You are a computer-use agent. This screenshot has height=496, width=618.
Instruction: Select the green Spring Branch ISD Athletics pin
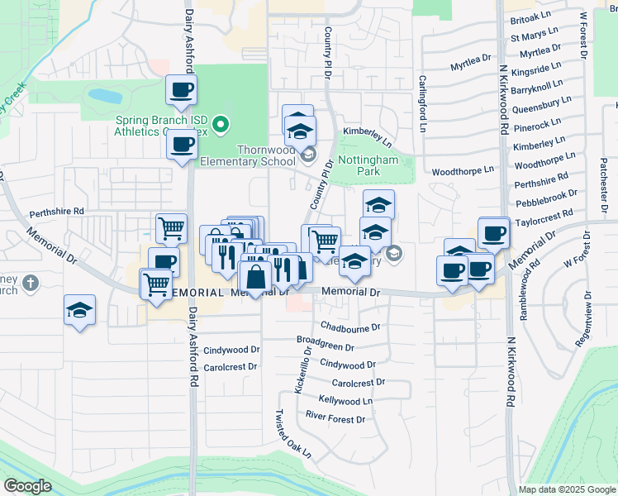pyautogui.click(x=221, y=126)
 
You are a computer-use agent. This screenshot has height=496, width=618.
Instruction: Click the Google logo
pyautogui.click(x=26, y=486)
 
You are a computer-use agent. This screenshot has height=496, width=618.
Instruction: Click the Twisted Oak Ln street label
pyautogui.click(x=294, y=434)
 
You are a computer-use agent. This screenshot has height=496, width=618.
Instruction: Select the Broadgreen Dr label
pyautogui.click(x=325, y=348)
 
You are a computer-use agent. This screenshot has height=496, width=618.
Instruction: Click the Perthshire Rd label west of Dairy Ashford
pyautogui.click(x=57, y=212)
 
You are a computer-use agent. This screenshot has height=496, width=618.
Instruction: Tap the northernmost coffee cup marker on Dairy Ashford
pyautogui.click(x=181, y=90)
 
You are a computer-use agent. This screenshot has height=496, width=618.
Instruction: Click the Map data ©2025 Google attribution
pyautogui.click(x=567, y=489)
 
